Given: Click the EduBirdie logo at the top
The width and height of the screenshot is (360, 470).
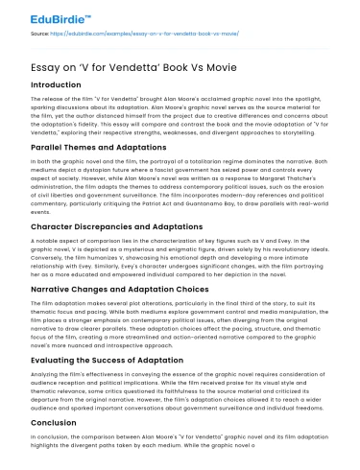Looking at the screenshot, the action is (x=49, y=19).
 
